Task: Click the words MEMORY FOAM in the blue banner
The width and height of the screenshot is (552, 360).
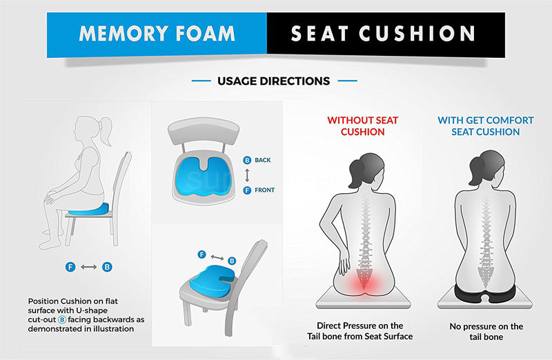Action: pos(157,33)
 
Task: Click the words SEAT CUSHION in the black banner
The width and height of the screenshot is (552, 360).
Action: pos(383,33)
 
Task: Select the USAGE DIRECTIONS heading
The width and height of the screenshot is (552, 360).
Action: pos(273,81)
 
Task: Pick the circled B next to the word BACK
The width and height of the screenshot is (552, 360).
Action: pos(246,160)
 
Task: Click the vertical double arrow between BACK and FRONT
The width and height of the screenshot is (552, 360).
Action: pos(246,175)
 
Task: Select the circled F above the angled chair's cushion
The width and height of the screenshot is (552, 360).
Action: pos(201,254)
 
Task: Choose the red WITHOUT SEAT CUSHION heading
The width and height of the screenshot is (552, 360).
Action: pos(362,126)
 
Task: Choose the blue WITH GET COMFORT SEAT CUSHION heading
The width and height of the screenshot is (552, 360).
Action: pos(485,126)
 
